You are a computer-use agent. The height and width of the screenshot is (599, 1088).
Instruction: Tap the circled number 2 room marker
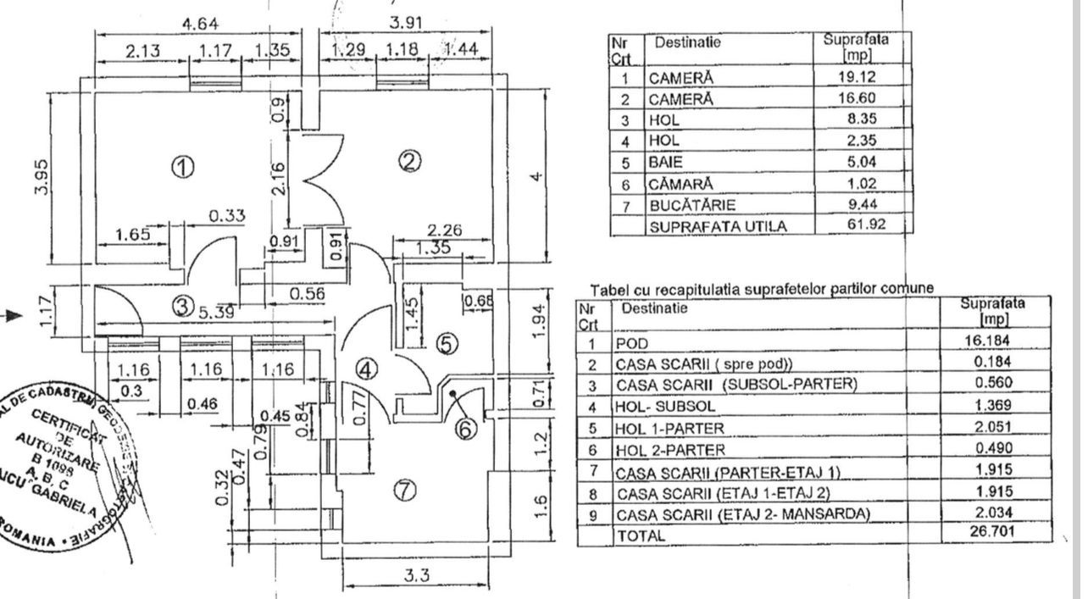click(x=410, y=161)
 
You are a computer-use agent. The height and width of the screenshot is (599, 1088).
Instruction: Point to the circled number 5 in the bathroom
click(x=447, y=343)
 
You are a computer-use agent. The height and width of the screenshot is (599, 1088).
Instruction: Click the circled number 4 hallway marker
click(x=366, y=369)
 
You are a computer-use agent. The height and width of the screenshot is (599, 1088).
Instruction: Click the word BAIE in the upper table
click(x=666, y=162)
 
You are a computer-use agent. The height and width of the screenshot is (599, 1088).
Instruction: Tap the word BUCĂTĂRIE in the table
click(x=687, y=205)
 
